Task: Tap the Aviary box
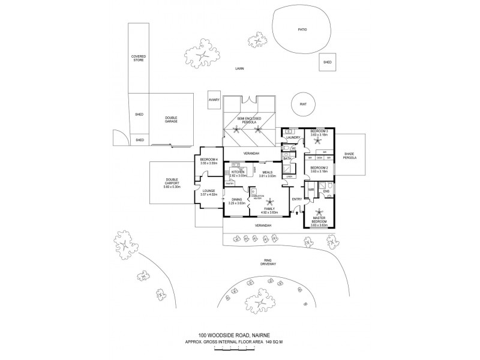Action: tap(214, 100)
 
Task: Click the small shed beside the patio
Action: tap(328, 62)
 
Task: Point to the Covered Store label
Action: tap(139, 58)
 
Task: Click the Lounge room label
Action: tap(208, 192)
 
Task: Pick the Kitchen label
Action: tap(238, 173)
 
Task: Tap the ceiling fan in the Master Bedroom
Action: tap(319, 212)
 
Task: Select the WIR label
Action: tap(311, 190)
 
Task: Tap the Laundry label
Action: tap(293, 137)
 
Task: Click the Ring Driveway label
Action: tap(268, 262)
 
